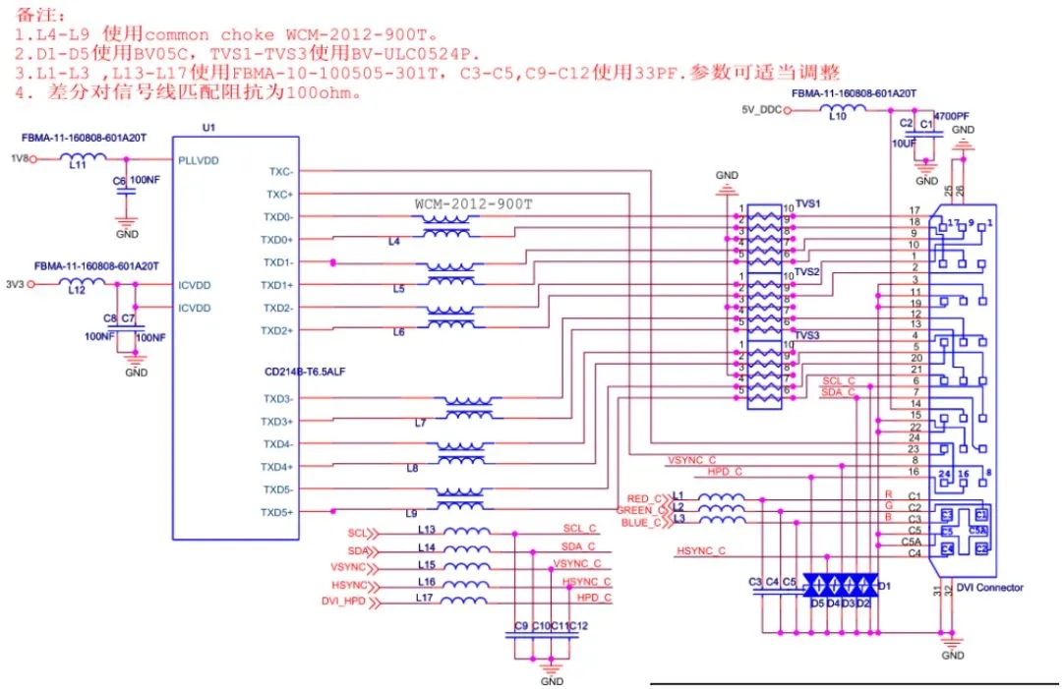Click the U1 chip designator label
pyautogui.click(x=206, y=129)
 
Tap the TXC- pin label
pyautogui.click(x=280, y=171)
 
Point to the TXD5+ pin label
pyautogui.click(x=276, y=512)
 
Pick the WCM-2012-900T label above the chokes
pyautogui.click(x=473, y=204)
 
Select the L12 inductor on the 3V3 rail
pyautogui.click(x=83, y=284)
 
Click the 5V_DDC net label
pyautogui.click(x=761, y=110)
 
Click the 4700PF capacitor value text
pyautogui.click(x=944, y=116)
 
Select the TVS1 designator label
pyautogui.click(x=807, y=204)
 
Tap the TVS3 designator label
pyautogui.click(x=807, y=335)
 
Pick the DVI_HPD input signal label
pyautogui.click(x=343, y=601)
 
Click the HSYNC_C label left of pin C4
pyautogui.click(x=700, y=551)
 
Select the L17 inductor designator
pyautogui.click(x=425, y=598)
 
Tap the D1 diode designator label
pyautogui.click(x=883, y=586)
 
